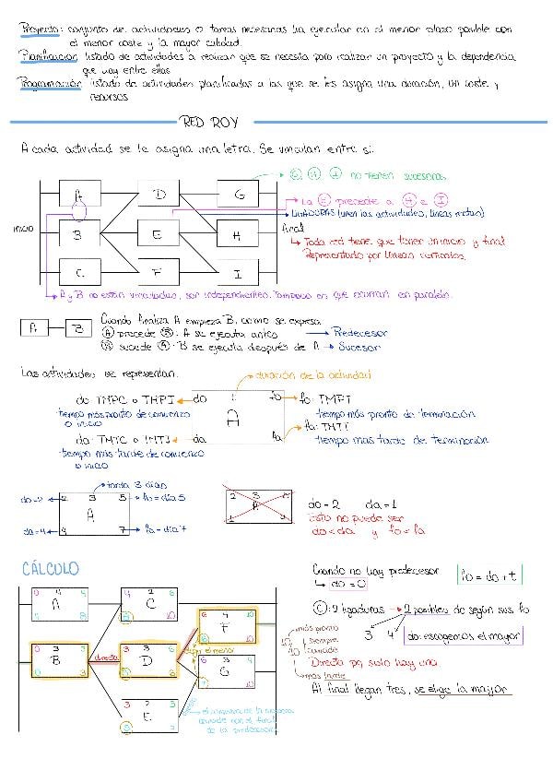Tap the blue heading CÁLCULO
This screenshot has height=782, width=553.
(x=50, y=568)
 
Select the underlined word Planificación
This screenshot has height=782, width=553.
(x=47, y=57)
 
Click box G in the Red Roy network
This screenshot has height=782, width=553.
(x=239, y=195)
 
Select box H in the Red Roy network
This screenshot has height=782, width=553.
(x=238, y=235)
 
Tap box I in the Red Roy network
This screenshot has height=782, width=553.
(x=238, y=274)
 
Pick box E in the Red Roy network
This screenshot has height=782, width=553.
(x=158, y=235)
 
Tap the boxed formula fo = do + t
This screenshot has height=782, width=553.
(x=489, y=576)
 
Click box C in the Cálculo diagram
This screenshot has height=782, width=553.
(x=150, y=602)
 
